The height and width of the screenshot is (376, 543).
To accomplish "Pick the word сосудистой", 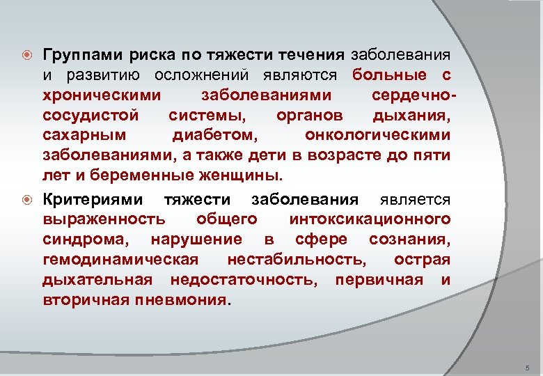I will [x=90, y=114].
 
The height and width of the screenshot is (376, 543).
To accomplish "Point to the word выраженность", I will [x=104, y=220].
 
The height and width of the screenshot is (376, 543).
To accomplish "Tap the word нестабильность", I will [x=297, y=260].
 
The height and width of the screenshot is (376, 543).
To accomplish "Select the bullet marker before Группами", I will [x=26, y=55].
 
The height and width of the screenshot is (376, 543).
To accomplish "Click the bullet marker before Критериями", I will [x=26, y=201].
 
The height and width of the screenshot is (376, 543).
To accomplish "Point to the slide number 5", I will [x=528, y=367].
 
